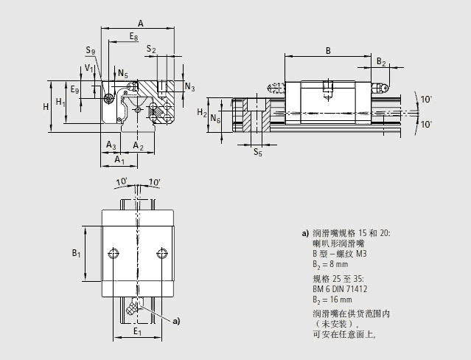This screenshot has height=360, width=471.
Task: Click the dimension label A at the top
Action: [x=140, y=24]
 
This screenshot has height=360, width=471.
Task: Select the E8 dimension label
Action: [x=133, y=37]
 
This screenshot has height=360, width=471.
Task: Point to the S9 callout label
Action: [x=90, y=50]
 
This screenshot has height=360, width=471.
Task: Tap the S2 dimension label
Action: [x=151, y=49]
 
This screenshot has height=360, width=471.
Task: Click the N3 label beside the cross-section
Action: [x=189, y=88]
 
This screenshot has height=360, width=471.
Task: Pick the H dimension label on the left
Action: [x=46, y=106]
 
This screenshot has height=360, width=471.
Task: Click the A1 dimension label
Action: [x=119, y=160]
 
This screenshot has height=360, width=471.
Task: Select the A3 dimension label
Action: [x=111, y=145]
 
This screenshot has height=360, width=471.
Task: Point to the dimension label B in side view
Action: [x=327, y=50]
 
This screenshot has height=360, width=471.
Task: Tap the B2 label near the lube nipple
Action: [x=381, y=62]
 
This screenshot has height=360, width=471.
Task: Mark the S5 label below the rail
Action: [x=257, y=153]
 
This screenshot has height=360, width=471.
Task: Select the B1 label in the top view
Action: [x=76, y=254]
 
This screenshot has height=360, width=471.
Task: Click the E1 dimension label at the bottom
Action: [x=136, y=332]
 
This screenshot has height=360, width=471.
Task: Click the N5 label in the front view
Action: [x=122, y=75]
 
